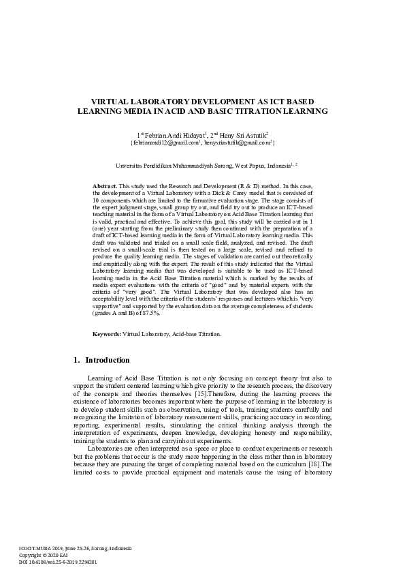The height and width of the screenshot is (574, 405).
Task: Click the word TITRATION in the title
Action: click(263, 110)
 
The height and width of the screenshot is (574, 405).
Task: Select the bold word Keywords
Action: click(107, 335)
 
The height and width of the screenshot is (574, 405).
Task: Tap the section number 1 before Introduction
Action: click(75, 360)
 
